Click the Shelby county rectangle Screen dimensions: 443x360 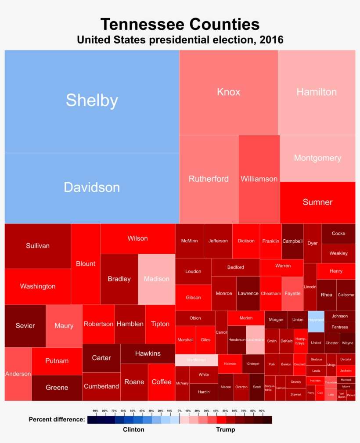[92, 101]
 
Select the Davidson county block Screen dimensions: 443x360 [92, 188]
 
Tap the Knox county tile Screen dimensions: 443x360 [228, 92]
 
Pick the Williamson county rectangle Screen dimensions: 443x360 [259, 179]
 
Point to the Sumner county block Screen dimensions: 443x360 [317, 202]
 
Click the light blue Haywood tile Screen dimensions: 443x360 [316, 321]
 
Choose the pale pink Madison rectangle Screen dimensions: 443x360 [157, 279]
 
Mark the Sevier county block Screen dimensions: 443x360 [25, 326]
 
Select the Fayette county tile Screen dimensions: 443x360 [292, 293]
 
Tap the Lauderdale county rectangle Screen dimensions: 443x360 [255, 340]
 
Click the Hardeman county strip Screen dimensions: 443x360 [196, 360]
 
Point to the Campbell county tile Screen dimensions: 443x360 [292, 241]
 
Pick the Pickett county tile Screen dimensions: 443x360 [351, 395]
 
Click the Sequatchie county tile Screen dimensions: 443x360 [270, 388]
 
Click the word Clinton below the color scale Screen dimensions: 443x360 [133, 429]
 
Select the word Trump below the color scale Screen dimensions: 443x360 [226, 429]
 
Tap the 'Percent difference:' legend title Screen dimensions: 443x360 [57, 419]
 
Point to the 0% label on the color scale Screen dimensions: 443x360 [179, 411]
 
